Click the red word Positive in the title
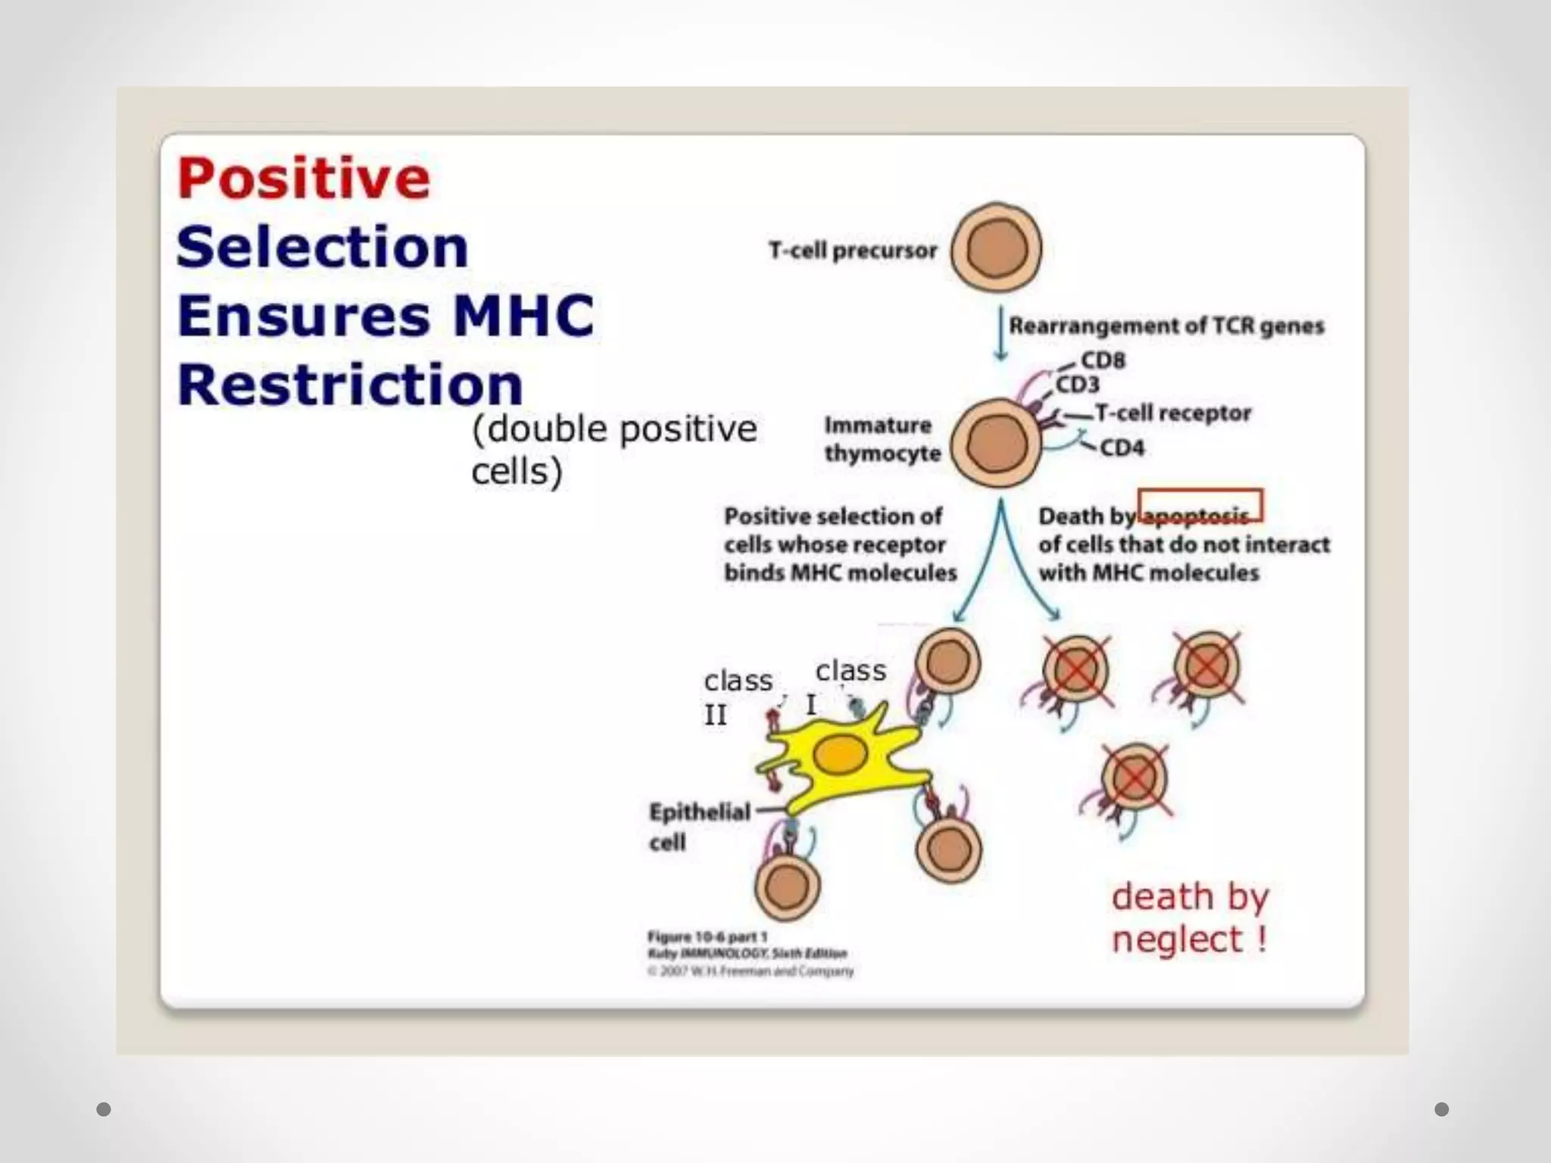(304, 179)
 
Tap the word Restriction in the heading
(350, 385)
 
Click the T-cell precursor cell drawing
(996, 248)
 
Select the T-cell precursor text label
(853, 251)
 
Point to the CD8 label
(1103, 360)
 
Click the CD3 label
(1077, 385)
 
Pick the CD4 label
(1122, 447)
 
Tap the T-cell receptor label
(1172, 413)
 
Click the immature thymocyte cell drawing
(996, 443)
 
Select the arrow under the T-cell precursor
(1000, 333)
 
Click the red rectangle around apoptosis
(1200, 505)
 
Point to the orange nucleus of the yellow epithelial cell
(840, 755)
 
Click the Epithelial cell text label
(698, 826)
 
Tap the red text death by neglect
(1190, 918)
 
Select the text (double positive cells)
(613, 450)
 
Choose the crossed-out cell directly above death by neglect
(1134, 778)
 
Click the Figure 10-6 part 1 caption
(707, 937)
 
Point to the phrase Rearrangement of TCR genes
(1166, 326)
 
